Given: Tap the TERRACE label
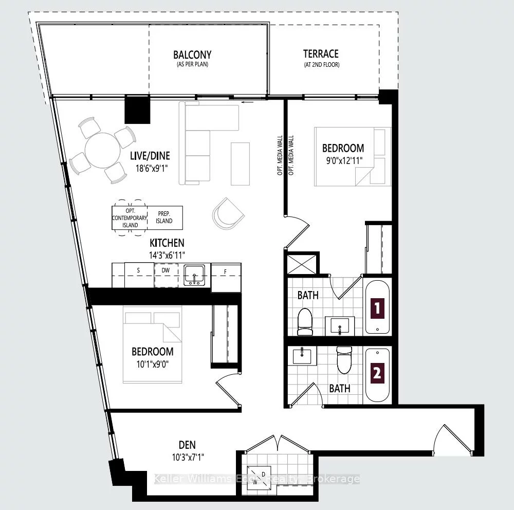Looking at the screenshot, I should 321,54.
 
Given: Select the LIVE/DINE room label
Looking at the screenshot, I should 150,156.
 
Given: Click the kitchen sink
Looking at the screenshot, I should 194,275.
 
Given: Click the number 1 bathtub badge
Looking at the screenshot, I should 378,308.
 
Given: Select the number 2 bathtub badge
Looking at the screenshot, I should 378,374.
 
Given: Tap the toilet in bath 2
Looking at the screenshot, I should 343,360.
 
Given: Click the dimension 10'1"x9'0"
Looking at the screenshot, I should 152,363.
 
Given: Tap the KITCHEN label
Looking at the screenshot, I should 167,243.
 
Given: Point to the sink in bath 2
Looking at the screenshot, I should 302,355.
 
